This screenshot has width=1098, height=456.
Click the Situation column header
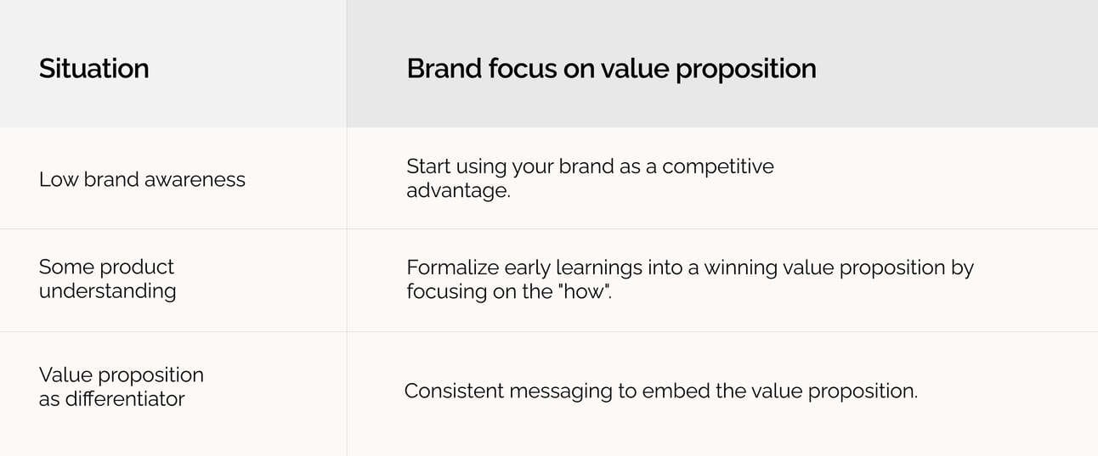coord(93,69)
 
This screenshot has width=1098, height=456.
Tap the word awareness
coord(195,179)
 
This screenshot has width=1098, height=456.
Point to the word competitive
coord(717,166)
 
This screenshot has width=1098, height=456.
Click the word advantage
coord(458,191)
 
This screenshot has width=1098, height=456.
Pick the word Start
coord(428,166)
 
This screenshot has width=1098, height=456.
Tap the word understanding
coord(107,292)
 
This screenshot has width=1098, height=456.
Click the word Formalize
coord(451,268)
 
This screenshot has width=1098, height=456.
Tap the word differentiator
coord(125,399)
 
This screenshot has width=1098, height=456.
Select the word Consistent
coord(454,391)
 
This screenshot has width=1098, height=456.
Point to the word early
coord(527,268)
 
